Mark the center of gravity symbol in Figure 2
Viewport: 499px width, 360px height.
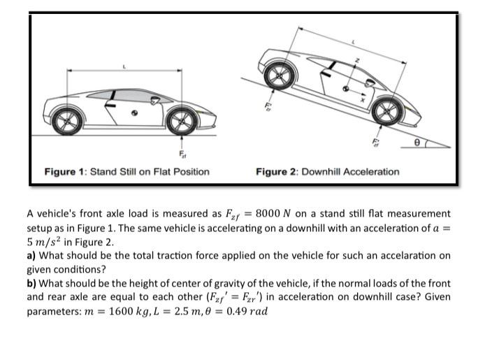point(346,89)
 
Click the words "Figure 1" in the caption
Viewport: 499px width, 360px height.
point(65,171)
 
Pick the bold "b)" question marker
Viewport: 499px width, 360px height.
point(32,283)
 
